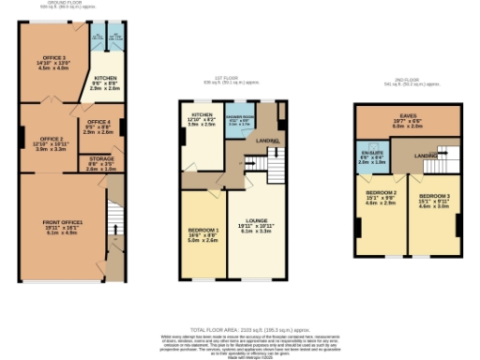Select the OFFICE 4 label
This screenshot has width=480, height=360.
(98, 123)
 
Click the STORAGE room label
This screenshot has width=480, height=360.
(89, 162)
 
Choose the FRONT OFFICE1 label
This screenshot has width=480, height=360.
(63, 222)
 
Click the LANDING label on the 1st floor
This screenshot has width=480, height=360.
(268, 141)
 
